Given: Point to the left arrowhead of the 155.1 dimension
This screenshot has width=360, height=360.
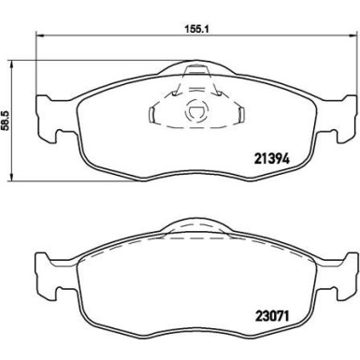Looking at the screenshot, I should pyautogui.click(x=37, y=37).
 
